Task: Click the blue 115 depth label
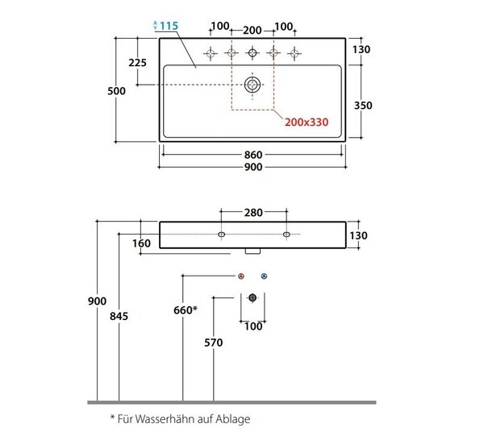tap(169, 26)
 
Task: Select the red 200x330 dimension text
tap(307, 123)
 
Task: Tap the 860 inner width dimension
tap(253, 155)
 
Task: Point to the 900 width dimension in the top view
tap(253, 167)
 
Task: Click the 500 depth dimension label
tap(116, 91)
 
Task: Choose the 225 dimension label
tap(137, 63)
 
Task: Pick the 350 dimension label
tap(363, 106)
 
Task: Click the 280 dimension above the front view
tap(253, 213)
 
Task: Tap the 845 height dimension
tap(119, 316)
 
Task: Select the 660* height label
tap(186, 309)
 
